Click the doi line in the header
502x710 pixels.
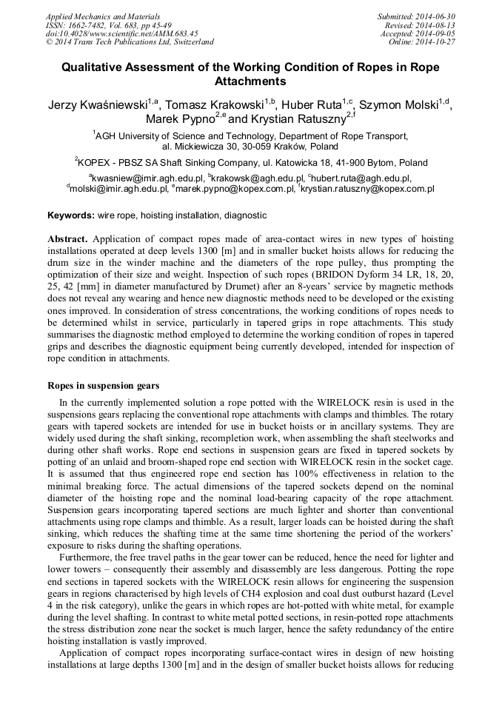click(x=121, y=33)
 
